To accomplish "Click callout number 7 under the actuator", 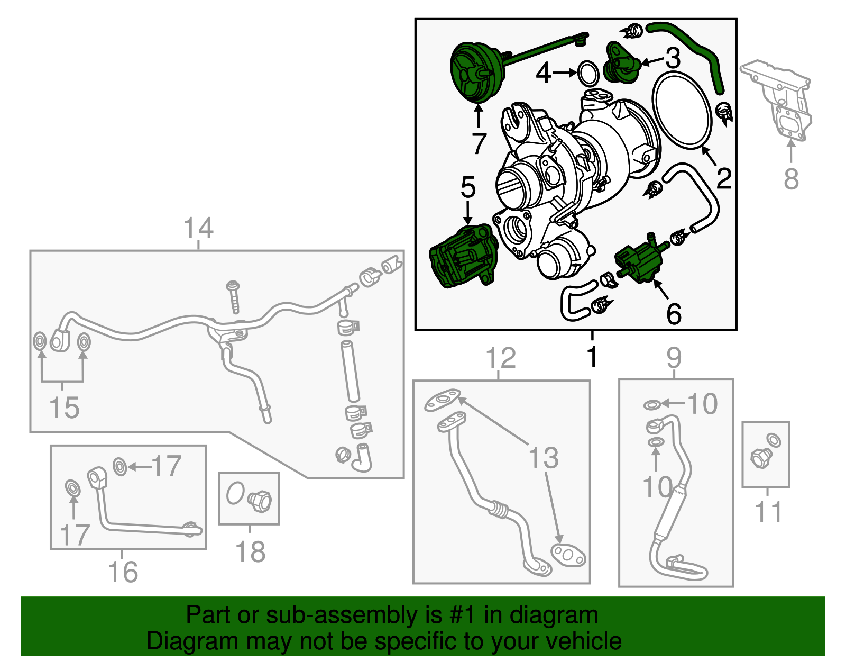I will click(479, 143).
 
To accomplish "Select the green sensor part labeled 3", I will click(621, 64).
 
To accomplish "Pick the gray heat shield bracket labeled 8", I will click(780, 101).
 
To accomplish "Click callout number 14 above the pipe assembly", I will click(198, 229).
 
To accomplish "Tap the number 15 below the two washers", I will click(64, 408).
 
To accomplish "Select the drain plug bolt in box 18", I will click(260, 500).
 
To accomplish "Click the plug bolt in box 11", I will click(759, 458).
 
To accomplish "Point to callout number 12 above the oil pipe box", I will click(500, 358).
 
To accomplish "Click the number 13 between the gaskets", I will click(544, 458).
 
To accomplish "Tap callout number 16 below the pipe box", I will click(123, 572).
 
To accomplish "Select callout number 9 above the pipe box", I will click(674, 358).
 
